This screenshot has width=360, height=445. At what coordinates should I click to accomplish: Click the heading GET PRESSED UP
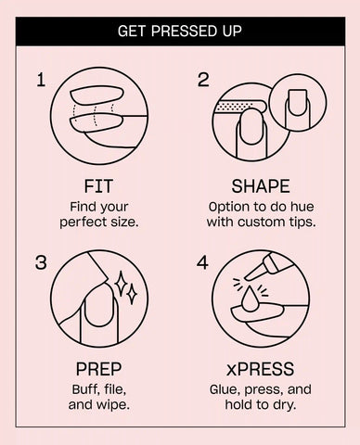(x=180, y=32)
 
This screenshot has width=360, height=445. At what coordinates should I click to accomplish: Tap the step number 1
(x=41, y=80)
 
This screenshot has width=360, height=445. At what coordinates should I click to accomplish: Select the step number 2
(x=203, y=80)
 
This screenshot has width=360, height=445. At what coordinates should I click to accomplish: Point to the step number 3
(x=41, y=262)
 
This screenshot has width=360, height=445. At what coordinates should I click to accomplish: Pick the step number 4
(x=202, y=262)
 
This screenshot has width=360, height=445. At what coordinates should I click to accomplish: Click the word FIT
(x=98, y=186)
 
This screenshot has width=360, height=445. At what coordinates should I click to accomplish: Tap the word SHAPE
(x=261, y=186)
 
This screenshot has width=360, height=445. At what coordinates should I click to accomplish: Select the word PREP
(x=98, y=369)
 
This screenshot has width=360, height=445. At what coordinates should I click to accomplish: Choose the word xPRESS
(x=260, y=369)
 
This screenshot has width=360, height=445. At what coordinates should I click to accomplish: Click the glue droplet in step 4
(x=250, y=298)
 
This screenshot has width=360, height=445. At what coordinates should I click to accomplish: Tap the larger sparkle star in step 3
(x=121, y=284)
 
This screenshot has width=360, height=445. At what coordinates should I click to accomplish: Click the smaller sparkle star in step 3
(x=132, y=294)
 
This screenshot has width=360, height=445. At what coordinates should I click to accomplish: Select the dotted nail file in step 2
(x=240, y=107)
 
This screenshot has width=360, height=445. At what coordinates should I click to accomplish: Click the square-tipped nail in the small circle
(x=297, y=104)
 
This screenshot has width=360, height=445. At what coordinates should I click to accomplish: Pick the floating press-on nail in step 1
(x=96, y=95)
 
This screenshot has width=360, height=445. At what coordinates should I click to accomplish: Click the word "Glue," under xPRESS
(x=225, y=389)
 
